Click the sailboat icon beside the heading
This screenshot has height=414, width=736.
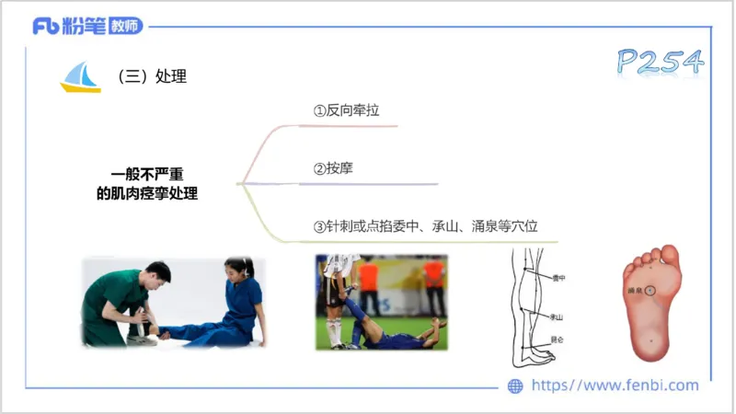(x=80, y=77)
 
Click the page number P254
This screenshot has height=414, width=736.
(x=661, y=62)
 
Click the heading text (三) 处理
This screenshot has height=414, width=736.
(x=152, y=77)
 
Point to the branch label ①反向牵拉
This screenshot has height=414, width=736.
(x=346, y=110)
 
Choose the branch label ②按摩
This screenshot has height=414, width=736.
(x=333, y=168)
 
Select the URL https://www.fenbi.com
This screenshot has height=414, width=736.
(x=615, y=385)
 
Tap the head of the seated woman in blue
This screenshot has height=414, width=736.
(x=236, y=270)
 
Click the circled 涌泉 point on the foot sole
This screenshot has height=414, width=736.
(x=650, y=290)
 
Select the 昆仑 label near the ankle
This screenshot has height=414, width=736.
(x=557, y=339)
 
